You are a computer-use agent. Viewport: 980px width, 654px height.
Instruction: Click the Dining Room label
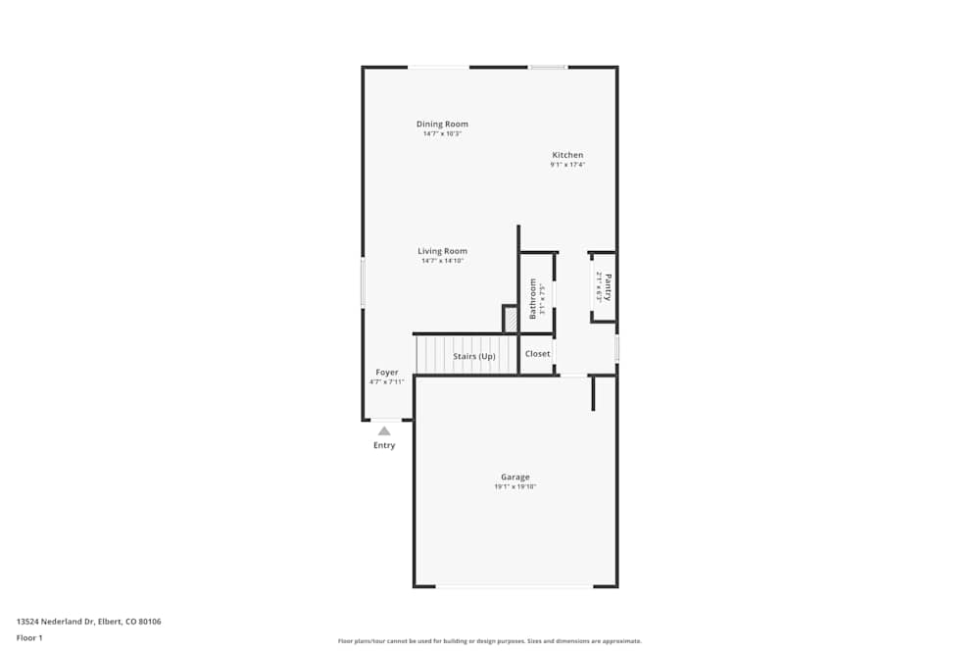coord(442,124)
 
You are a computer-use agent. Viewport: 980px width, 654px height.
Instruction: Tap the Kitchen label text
coord(567,155)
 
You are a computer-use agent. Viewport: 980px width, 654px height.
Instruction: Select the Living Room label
coord(442,251)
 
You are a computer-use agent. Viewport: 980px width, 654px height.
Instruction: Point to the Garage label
coord(514,477)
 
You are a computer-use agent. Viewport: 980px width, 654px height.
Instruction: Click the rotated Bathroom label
coord(533,298)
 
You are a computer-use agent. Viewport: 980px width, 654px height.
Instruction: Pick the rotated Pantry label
coord(609,286)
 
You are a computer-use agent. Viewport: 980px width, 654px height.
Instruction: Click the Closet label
coord(537,354)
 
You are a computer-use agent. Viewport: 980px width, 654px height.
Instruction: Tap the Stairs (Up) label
coord(473,356)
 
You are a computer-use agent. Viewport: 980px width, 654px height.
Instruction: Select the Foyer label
coord(386,373)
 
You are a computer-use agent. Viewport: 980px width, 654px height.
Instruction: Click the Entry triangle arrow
coord(384,430)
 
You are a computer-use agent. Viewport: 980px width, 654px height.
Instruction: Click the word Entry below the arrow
coord(384,445)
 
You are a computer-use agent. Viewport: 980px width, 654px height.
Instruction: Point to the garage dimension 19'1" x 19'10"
coord(514,486)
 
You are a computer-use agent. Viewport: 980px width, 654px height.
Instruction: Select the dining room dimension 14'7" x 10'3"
coord(442,133)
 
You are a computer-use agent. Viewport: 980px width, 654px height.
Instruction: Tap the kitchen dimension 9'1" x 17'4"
coord(567,165)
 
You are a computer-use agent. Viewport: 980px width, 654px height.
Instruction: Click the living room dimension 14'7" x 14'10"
coord(442,261)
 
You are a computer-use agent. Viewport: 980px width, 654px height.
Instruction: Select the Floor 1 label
coord(29,637)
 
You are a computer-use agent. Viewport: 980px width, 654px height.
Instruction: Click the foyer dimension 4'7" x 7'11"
coord(386,382)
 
